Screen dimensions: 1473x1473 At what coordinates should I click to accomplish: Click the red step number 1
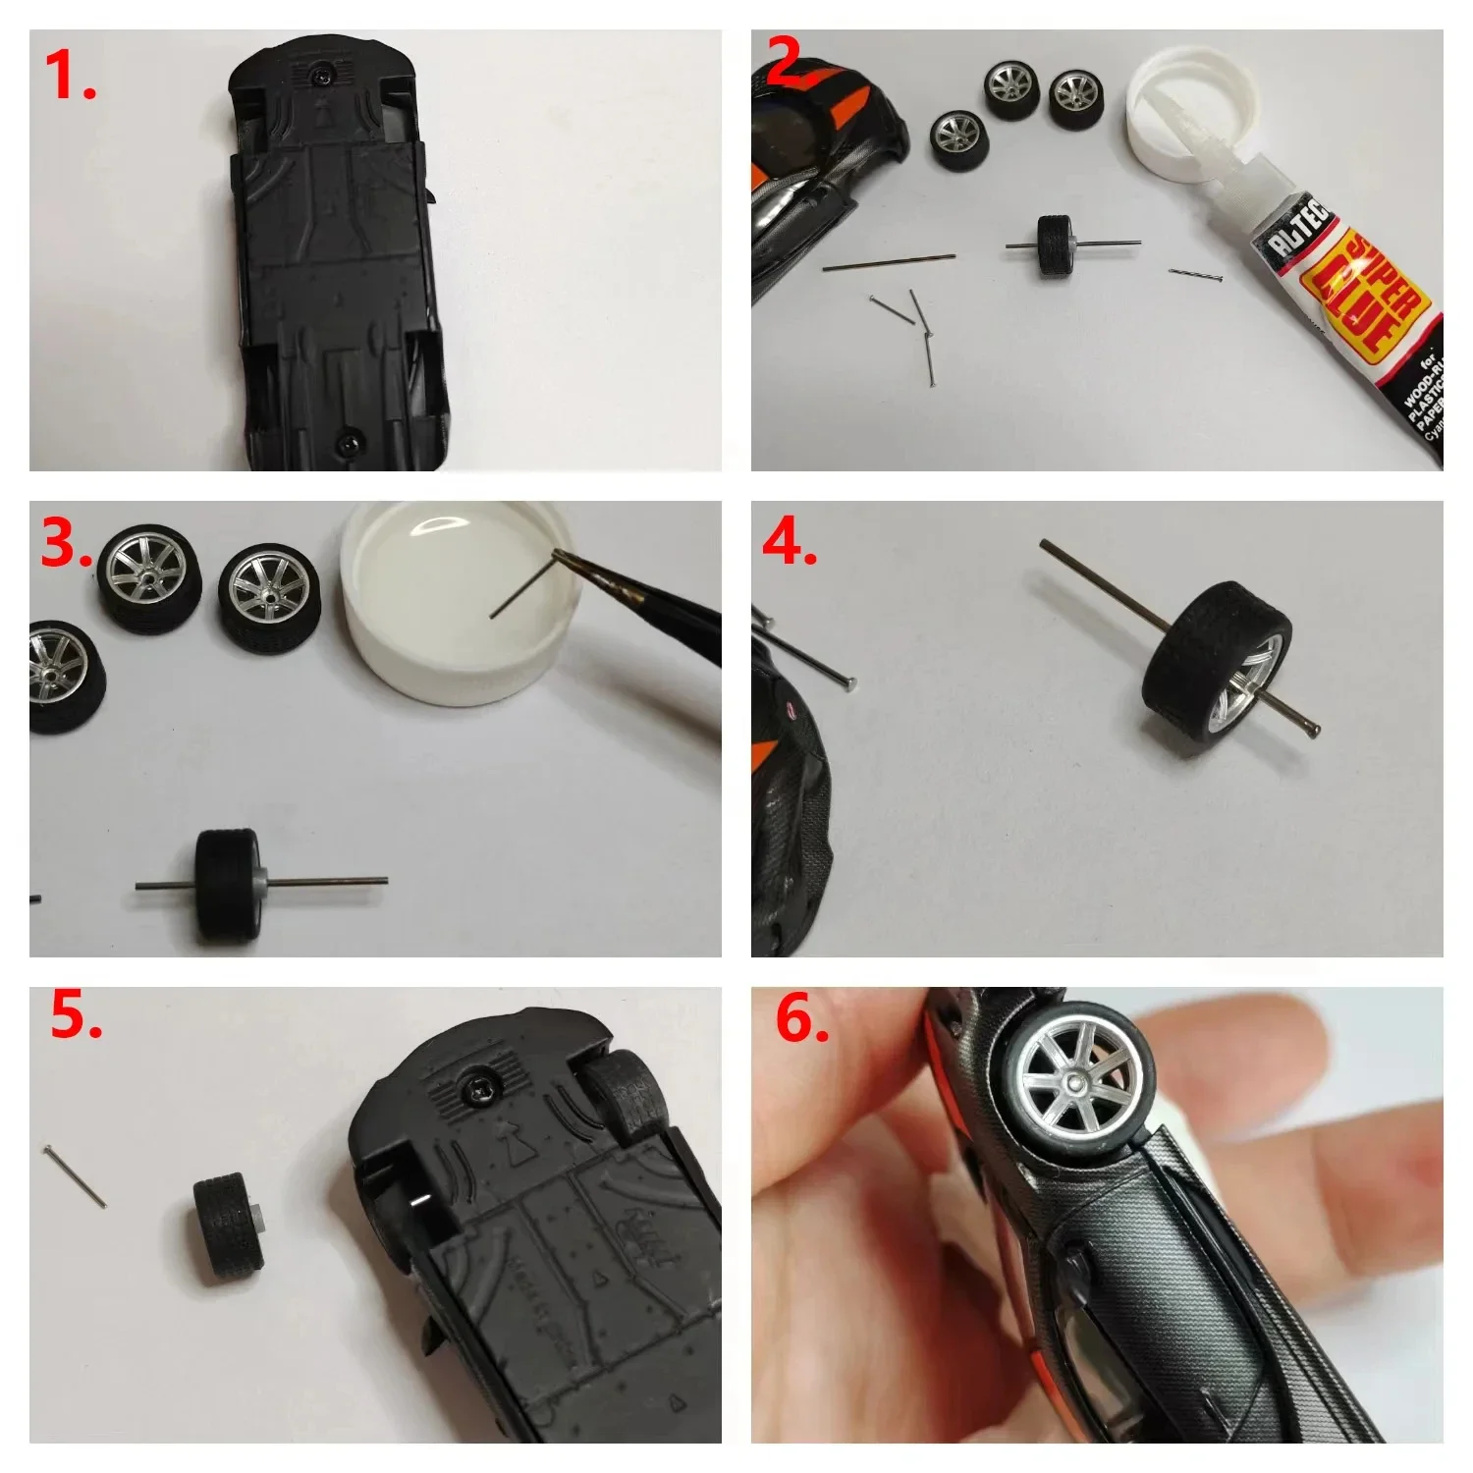point(71,77)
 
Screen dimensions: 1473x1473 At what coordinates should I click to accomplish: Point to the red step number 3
point(65,543)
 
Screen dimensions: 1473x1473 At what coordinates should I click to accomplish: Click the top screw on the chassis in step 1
point(322,73)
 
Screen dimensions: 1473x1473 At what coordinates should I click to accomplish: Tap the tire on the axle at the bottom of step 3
point(228,886)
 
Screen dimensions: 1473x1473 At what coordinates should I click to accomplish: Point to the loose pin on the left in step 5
point(76,1176)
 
